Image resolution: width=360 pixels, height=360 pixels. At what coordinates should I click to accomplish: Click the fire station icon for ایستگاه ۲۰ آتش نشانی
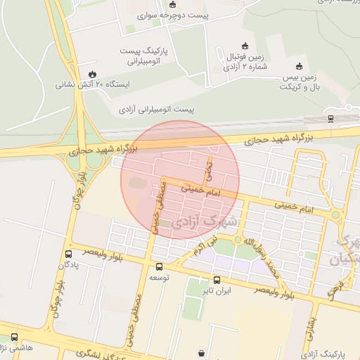tap(92, 73)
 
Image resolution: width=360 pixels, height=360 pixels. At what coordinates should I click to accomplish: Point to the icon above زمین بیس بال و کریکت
tap(300, 65)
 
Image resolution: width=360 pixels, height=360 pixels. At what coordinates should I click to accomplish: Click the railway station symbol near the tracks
tap(330, 118)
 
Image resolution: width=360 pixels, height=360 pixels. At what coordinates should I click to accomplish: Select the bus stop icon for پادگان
tap(68, 254)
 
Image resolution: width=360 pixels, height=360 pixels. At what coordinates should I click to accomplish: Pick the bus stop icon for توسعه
tap(159, 266)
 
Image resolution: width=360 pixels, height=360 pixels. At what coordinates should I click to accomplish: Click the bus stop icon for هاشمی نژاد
tap(14, 335)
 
